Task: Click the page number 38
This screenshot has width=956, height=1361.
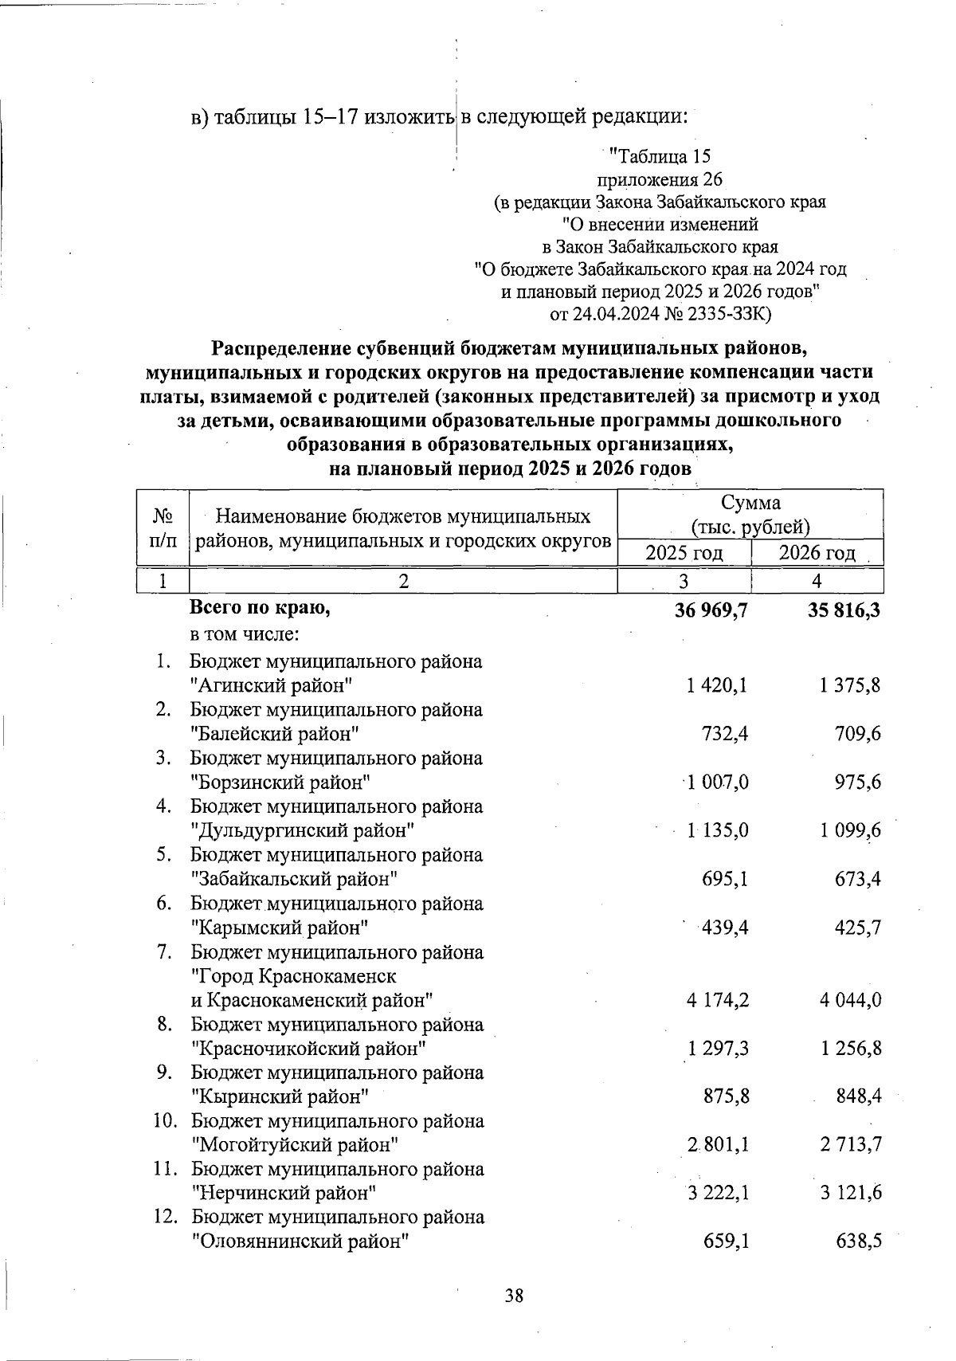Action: tap(514, 1296)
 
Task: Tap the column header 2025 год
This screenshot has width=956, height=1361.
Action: tap(684, 552)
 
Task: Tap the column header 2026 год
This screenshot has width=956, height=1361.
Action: tap(817, 552)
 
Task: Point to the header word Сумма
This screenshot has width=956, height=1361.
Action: tap(750, 503)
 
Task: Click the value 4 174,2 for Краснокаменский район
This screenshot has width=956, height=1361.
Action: tap(717, 999)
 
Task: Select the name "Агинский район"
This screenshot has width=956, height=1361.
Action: tap(272, 685)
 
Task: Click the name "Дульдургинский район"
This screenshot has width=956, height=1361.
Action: tap(303, 830)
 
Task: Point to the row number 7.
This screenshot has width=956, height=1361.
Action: tap(164, 951)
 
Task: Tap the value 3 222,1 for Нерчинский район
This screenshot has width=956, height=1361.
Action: tap(717, 1193)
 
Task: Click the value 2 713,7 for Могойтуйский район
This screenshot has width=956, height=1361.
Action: tap(850, 1144)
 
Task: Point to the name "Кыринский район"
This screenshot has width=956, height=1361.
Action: tap(280, 1096)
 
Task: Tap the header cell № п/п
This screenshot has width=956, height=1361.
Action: tap(163, 528)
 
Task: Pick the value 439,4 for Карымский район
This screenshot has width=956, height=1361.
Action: tap(724, 928)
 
